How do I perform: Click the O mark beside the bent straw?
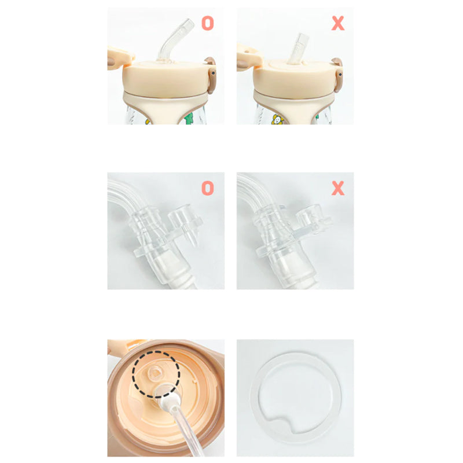coord(207,23)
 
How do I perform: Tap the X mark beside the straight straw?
coord(337,23)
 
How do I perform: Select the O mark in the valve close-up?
coord(207,188)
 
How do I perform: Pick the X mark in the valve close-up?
coord(337,188)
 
